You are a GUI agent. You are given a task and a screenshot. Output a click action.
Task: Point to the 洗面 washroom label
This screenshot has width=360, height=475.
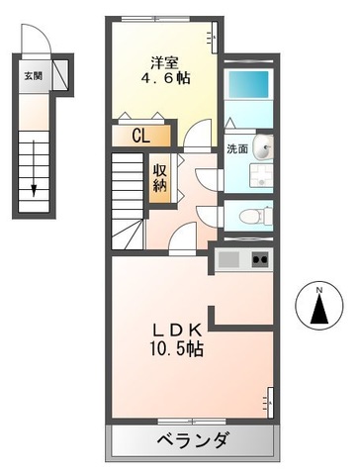(236, 149)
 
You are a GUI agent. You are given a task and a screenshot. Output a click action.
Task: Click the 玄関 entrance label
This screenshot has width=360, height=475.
(33, 75)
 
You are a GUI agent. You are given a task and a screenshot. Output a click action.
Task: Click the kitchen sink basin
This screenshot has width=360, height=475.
(229, 260)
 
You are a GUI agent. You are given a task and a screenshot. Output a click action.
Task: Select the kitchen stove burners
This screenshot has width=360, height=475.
(261, 260)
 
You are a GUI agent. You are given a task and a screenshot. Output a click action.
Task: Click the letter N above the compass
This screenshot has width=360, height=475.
(318, 290)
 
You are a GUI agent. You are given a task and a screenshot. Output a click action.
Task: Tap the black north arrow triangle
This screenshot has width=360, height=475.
(318, 312)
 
